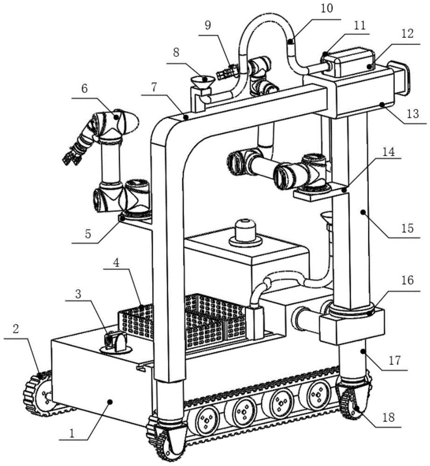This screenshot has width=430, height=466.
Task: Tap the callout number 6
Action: (x=85, y=89)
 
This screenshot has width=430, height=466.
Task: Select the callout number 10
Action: (x=327, y=8)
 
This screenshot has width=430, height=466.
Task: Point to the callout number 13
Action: (x=413, y=114)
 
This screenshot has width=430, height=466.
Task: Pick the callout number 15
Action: (x=408, y=228)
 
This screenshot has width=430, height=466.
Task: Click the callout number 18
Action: (x=388, y=417)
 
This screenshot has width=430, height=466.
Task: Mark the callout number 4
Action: (x=116, y=262)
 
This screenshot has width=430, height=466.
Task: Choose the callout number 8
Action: (x=176, y=53)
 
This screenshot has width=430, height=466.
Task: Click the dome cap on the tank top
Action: (x=245, y=232)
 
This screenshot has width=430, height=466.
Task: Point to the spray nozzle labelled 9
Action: (x=227, y=70)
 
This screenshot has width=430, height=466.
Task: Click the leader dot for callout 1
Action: (x=110, y=402)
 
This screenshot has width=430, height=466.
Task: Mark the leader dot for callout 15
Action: (x=362, y=212)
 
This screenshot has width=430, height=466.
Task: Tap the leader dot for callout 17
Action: (x=362, y=351)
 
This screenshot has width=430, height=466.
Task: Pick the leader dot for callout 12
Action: (x=370, y=67)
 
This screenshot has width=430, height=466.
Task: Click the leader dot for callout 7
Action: (x=186, y=117)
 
